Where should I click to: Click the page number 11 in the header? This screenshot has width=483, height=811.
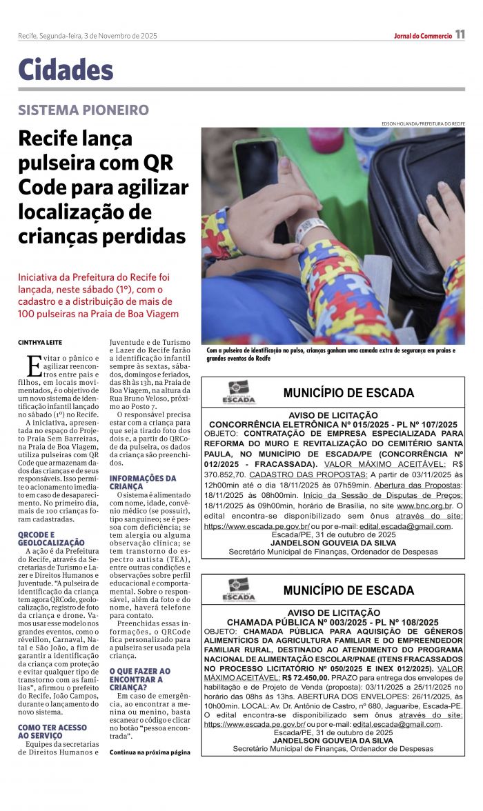[x=460, y=35]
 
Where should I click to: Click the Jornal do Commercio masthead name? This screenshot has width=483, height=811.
[x=423, y=36]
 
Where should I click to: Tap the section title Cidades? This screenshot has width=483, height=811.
[x=66, y=70]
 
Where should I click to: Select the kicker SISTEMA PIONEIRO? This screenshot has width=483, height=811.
[x=83, y=110]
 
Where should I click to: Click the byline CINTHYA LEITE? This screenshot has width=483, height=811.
[x=41, y=342]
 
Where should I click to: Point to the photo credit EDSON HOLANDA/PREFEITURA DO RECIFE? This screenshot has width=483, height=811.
[x=423, y=123]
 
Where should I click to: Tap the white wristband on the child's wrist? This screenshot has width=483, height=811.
[x=310, y=228]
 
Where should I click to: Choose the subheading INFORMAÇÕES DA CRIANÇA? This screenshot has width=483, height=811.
[x=142, y=482]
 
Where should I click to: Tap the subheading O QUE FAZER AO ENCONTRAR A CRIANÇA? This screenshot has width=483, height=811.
[x=139, y=679]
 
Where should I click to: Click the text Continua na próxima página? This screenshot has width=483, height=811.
[x=149, y=752]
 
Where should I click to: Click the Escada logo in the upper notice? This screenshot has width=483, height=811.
[x=238, y=392]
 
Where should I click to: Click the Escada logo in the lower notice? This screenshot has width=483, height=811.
[x=238, y=590]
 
